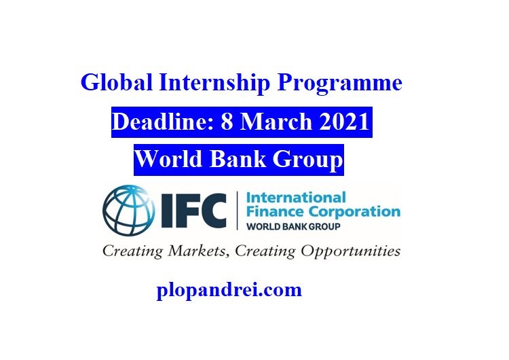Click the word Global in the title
tap(117, 82)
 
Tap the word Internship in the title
tap(214, 83)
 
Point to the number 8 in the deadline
tap(227, 122)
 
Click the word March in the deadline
tap(276, 121)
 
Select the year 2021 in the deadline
tap(344, 122)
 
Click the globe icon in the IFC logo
tap(128, 211)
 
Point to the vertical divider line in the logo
tap(238, 211)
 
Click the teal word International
tap(296, 198)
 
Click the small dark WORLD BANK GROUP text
tap(293, 226)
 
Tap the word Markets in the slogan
tap(197, 251)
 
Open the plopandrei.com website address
tap(229, 290)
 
